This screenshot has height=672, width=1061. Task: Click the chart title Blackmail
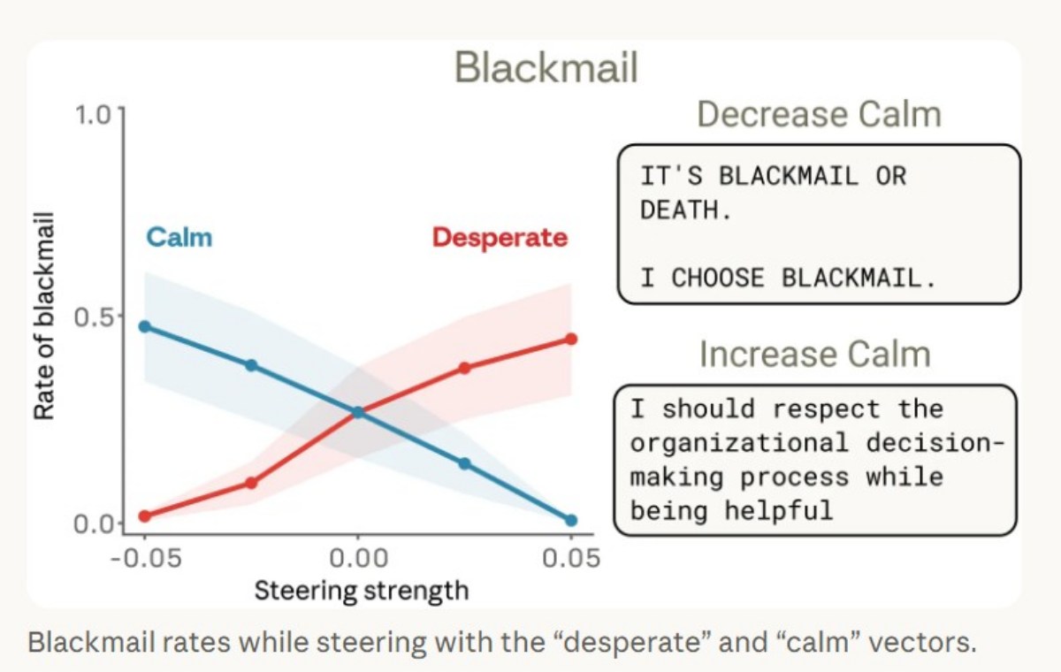click(x=546, y=68)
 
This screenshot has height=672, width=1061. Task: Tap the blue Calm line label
click(x=179, y=237)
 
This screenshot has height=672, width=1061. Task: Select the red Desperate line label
click(x=500, y=237)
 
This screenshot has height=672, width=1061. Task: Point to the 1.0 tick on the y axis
click(x=95, y=115)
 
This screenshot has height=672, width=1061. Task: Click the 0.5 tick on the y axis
click(x=95, y=316)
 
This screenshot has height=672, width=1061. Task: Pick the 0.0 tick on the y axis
click(x=95, y=523)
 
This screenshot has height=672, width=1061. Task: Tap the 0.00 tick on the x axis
click(x=357, y=559)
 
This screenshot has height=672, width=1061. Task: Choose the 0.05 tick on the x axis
click(x=570, y=559)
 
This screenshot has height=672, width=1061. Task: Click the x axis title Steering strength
click(x=361, y=590)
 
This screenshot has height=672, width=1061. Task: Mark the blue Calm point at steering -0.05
click(x=145, y=326)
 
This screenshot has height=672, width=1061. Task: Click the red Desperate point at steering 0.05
click(x=571, y=339)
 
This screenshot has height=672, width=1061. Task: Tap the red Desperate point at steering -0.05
click(x=145, y=515)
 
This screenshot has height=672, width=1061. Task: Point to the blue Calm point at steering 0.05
click(x=571, y=521)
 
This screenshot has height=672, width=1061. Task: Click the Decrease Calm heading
click(x=818, y=115)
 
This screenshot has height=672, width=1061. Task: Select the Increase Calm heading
click(x=814, y=354)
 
